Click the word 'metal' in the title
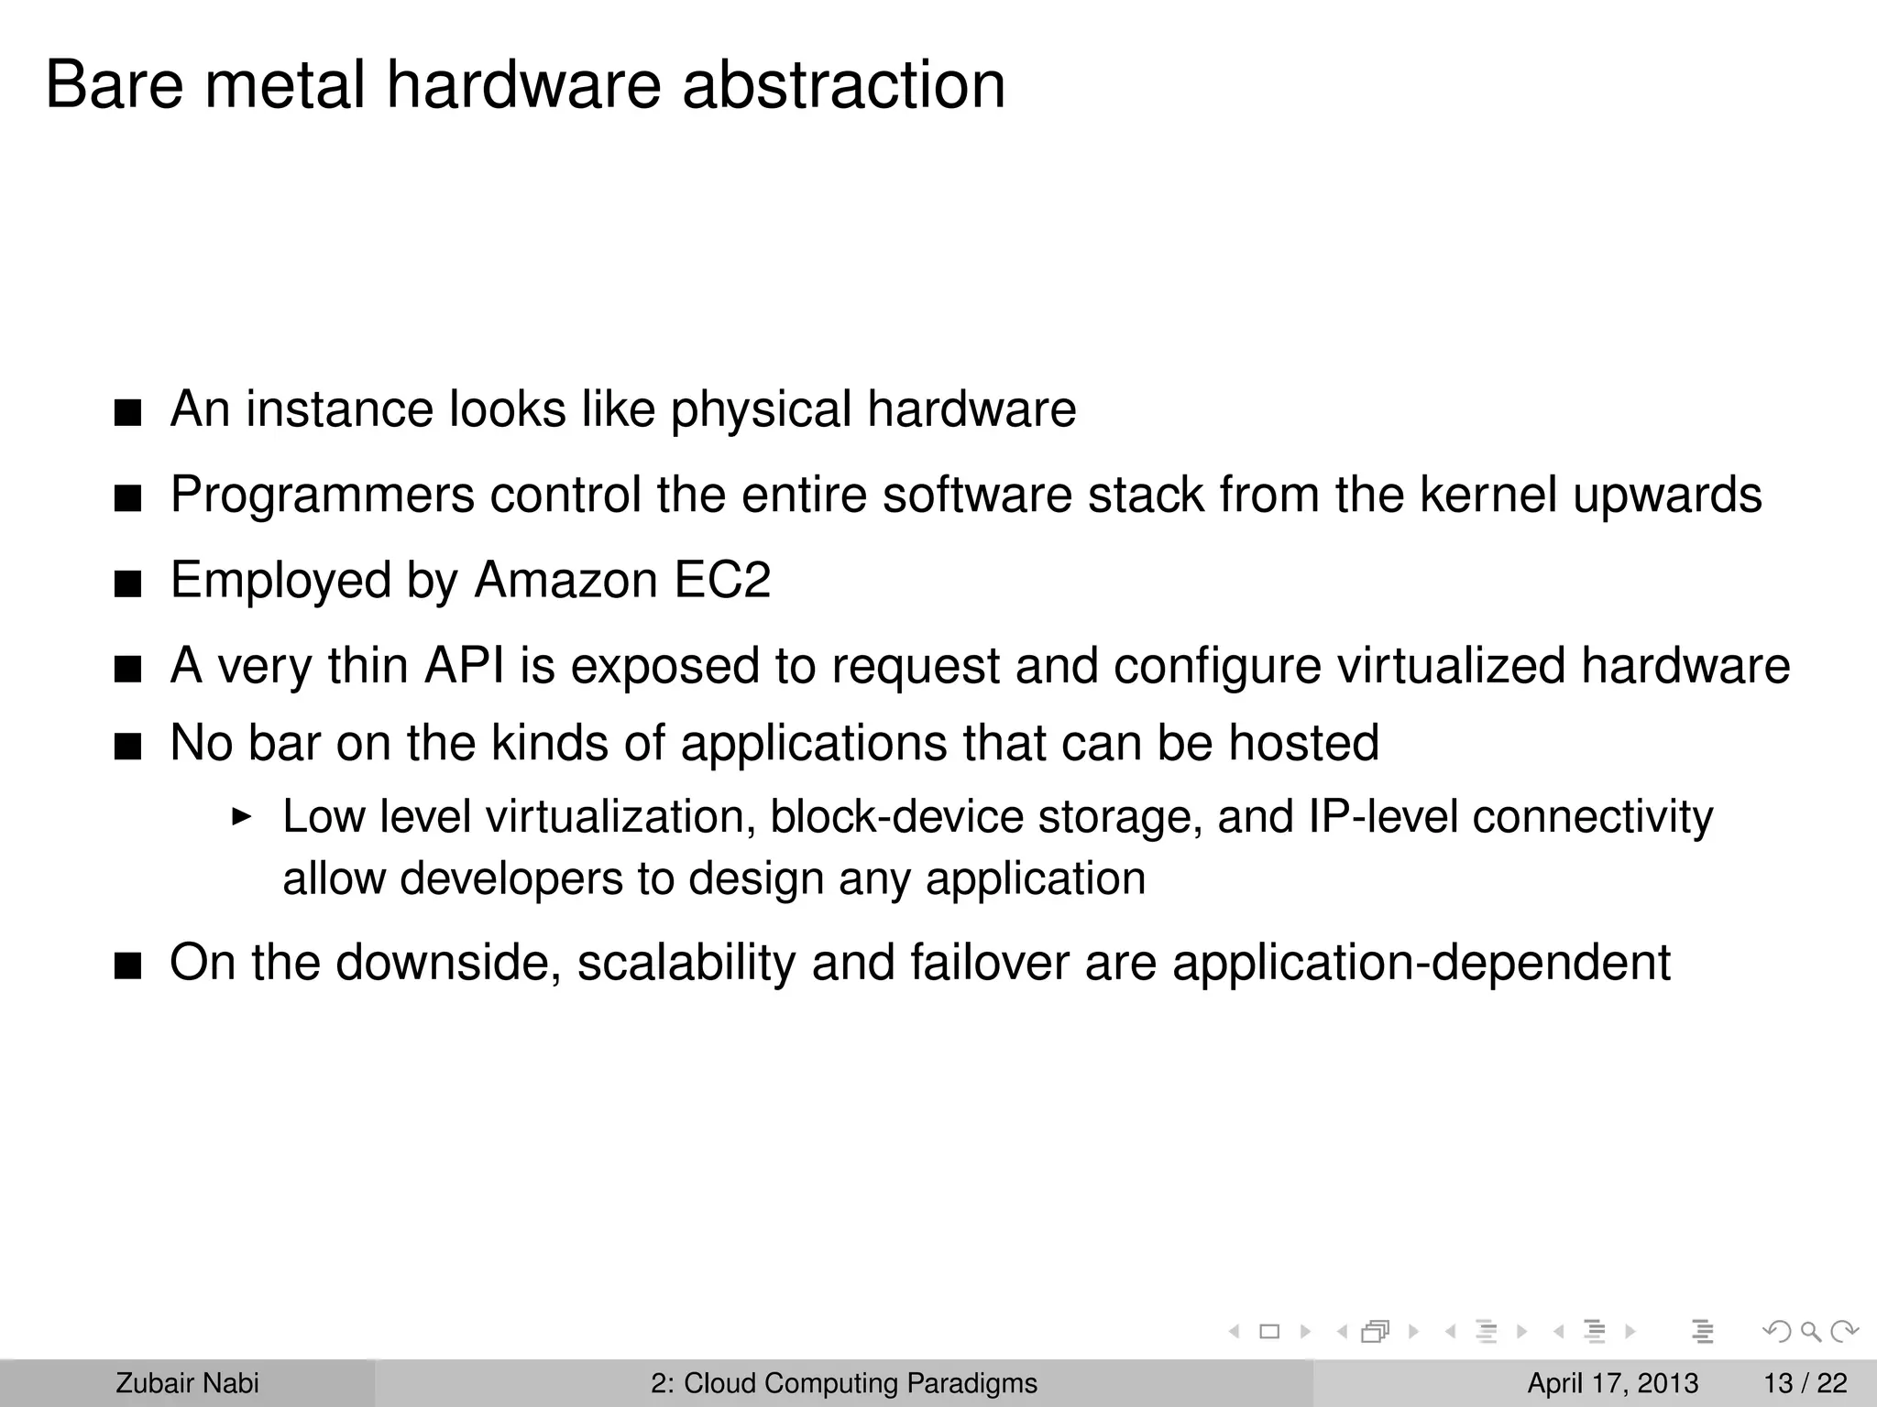click(x=284, y=84)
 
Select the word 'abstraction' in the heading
click(x=843, y=84)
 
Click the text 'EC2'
click(x=722, y=580)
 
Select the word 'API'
click(x=464, y=665)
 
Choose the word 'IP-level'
click(x=1383, y=816)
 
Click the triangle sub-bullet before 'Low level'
click(x=241, y=815)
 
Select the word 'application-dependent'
click(x=1421, y=963)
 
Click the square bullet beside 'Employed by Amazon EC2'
click(x=128, y=584)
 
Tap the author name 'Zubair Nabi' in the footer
click(x=187, y=1383)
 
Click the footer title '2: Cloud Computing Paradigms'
click(x=844, y=1383)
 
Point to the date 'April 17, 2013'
click(x=1612, y=1383)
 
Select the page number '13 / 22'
click(x=1806, y=1383)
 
